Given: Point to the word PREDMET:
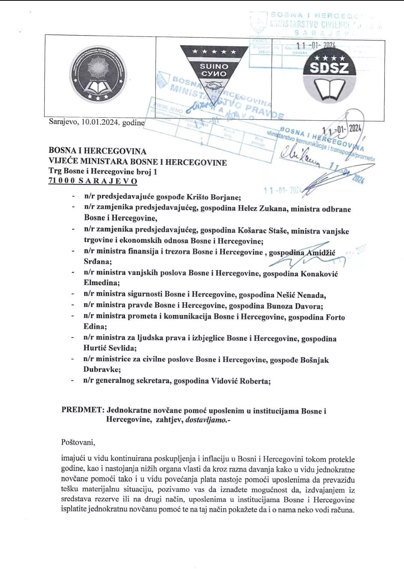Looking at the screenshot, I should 82,410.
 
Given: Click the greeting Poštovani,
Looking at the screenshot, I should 78,442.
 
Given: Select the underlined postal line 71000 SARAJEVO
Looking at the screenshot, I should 93,181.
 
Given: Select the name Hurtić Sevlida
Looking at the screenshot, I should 110,348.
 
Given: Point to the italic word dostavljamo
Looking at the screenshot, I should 206,420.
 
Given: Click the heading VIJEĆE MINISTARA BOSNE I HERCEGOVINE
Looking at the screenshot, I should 138,162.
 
